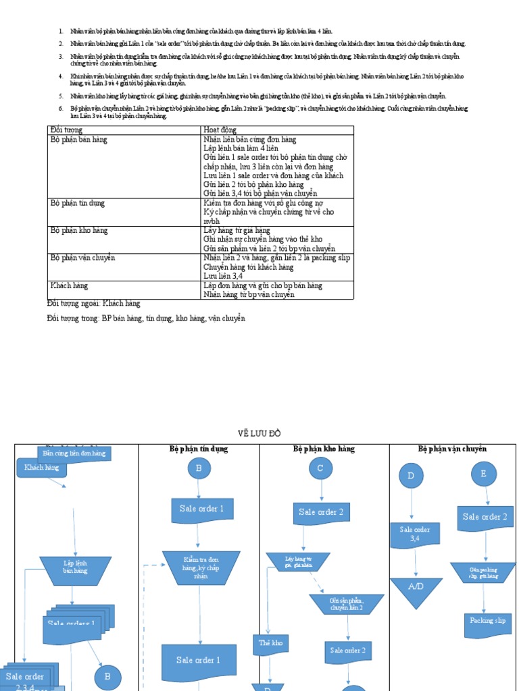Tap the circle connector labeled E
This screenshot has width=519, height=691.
[483, 474]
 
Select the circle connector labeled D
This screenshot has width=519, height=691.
[410, 476]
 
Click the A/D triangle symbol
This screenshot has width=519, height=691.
[416, 589]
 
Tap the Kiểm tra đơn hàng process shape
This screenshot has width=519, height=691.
[201, 567]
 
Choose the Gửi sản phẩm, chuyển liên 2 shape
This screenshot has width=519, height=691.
[347, 604]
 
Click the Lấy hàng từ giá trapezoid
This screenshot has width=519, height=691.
[298, 561]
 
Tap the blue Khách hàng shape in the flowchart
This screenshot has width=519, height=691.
[42, 468]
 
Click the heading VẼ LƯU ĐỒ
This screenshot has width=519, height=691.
[259, 433]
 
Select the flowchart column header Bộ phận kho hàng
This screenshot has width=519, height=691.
[324, 449]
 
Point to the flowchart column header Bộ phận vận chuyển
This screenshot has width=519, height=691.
[452, 449]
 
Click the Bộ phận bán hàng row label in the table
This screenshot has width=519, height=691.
[79, 140]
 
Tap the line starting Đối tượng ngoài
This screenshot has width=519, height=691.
[94, 304]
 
